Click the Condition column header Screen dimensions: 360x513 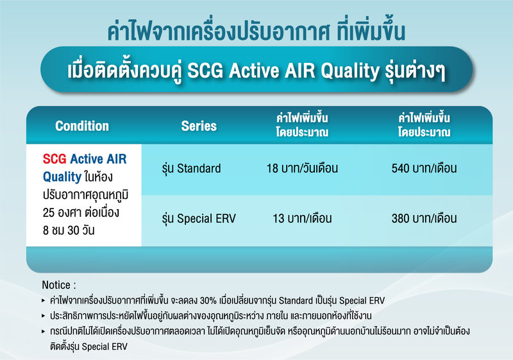[x=82, y=126]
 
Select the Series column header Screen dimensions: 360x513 [x=199, y=126]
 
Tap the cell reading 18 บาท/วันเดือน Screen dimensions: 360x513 [x=302, y=169]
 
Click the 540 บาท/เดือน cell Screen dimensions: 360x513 [x=424, y=169]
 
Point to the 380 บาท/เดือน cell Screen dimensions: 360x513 [x=424, y=218]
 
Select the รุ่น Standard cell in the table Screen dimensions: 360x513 [x=191, y=169]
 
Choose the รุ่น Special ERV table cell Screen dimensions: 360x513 [x=199, y=218]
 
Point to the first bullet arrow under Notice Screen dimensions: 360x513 [x=43, y=300]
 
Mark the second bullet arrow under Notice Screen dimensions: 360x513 [x=43, y=316]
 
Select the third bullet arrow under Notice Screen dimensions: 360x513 [x=43, y=332]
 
